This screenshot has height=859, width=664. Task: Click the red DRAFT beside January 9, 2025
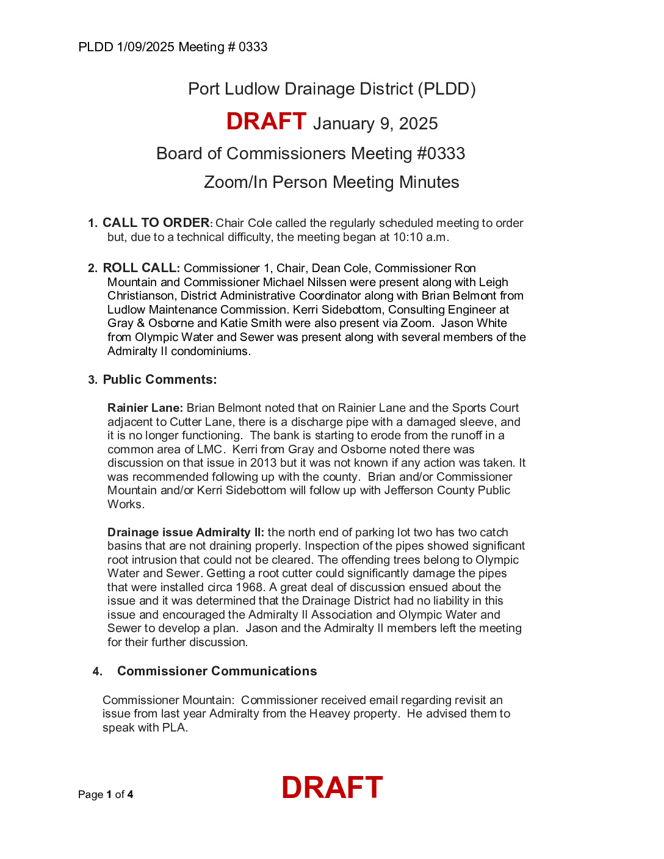coord(266,121)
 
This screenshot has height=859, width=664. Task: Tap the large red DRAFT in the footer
coord(332,788)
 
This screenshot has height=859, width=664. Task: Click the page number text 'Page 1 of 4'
coord(106,794)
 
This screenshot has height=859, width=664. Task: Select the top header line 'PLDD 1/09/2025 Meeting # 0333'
coord(173,47)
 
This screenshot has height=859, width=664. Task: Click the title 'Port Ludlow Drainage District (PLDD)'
coord(331,89)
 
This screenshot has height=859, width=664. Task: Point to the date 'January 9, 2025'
coord(375,124)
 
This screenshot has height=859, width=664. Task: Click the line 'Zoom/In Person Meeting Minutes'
coord(331,182)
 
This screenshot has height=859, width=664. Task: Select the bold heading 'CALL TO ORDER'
coord(156,223)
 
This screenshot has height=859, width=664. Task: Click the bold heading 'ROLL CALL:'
coord(141,268)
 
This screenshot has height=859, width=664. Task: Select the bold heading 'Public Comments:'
coord(159,379)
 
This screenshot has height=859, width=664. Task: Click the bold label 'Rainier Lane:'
coord(145,408)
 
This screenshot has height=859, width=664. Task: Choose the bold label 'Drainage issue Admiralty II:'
coord(186,533)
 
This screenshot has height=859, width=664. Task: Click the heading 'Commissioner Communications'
coord(217,671)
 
